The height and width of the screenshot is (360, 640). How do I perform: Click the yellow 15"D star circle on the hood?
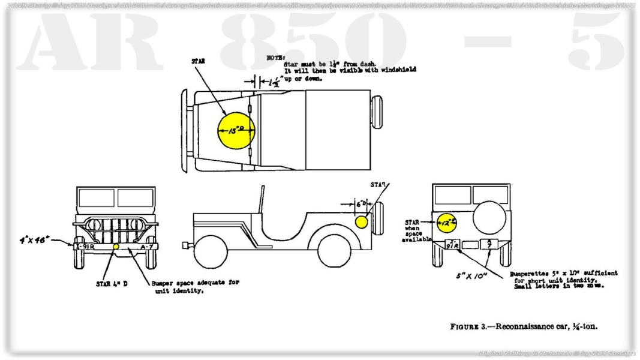coord(235,131)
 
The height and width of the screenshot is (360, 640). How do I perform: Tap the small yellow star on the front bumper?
coord(116,247)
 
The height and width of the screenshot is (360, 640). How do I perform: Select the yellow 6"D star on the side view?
coord(361,222)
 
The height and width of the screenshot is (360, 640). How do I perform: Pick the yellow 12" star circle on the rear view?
coord(446,222)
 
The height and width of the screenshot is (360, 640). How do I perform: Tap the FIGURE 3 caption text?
coord(524,327)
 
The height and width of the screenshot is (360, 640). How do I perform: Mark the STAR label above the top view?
coord(198,61)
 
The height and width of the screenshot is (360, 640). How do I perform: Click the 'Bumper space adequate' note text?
coord(195,286)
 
